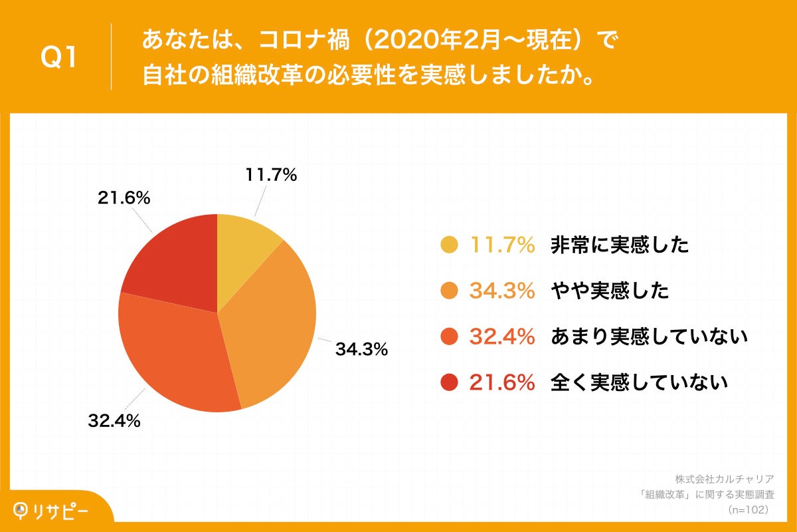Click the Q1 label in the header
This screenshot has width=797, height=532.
click(x=59, y=59)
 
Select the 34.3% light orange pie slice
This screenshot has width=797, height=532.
click(x=276, y=319)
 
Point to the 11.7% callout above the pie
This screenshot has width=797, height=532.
click(x=271, y=176)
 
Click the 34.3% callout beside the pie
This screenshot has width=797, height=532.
click(x=361, y=349)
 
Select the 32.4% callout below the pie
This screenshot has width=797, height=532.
click(x=114, y=420)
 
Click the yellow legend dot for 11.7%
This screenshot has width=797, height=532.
click(x=450, y=245)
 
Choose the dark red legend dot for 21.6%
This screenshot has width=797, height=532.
click(x=450, y=382)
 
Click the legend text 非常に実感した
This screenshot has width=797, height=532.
click(x=619, y=245)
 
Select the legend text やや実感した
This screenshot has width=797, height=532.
click(x=609, y=291)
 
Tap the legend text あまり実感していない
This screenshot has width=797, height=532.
click(x=649, y=337)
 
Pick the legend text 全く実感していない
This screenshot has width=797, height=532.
click(x=639, y=382)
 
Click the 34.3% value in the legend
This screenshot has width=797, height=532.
click(x=503, y=291)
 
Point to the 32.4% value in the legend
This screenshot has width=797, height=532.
click(x=503, y=337)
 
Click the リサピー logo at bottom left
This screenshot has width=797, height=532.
click(x=53, y=511)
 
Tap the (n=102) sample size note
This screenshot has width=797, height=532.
click(x=749, y=509)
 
